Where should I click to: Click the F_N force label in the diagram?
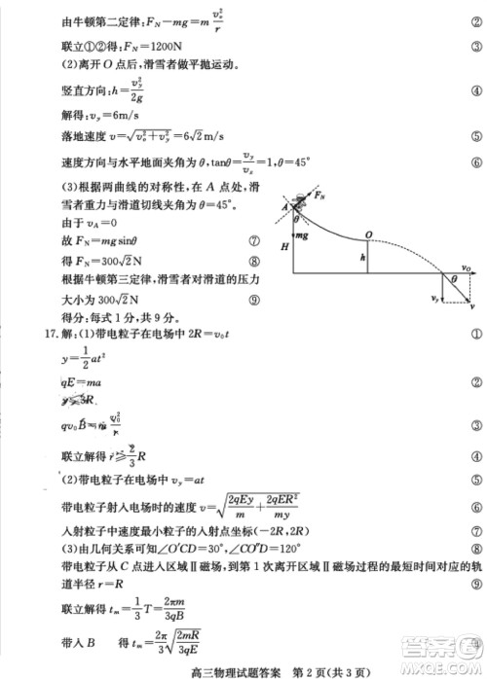(x=319, y=196)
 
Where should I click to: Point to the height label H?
(x=283, y=248)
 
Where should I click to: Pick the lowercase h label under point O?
(x=362, y=259)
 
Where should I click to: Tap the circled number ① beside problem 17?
(x=476, y=335)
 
